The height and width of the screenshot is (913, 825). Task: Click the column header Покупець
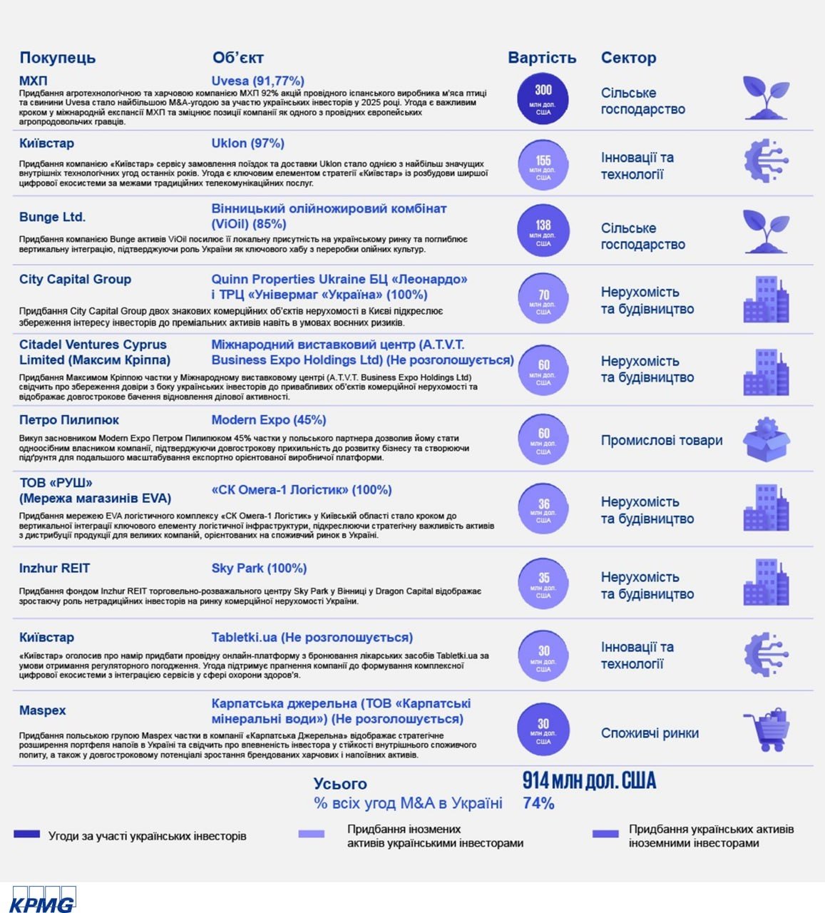coord(57,58)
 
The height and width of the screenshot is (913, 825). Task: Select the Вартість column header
coord(542,58)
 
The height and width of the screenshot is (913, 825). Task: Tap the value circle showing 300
coord(543,99)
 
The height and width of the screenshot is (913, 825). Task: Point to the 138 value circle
coord(543,230)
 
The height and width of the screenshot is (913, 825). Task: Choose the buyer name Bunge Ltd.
coord(52,217)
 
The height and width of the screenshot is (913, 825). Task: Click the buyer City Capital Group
coord(75,279)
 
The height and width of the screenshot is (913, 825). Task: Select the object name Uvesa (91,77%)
coord(257,81)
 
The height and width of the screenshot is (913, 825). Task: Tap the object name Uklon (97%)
coord(247,143)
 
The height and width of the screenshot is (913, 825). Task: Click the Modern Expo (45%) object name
coord(268,420)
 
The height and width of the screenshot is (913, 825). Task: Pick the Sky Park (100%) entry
coord(259,568)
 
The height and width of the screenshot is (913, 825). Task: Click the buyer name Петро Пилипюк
coord(68,420)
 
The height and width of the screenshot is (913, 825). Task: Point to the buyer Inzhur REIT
coord(54,568)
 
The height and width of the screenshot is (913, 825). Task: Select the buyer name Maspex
coord(42,710)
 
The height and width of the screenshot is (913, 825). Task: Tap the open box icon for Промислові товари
coord(767,439)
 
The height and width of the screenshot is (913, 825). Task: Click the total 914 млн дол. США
coord(589,781)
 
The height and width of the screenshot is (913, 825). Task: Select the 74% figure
coord(538,803)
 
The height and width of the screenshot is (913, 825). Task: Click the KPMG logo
coord(43,899)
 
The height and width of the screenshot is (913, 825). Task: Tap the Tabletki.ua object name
coord(312,638)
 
